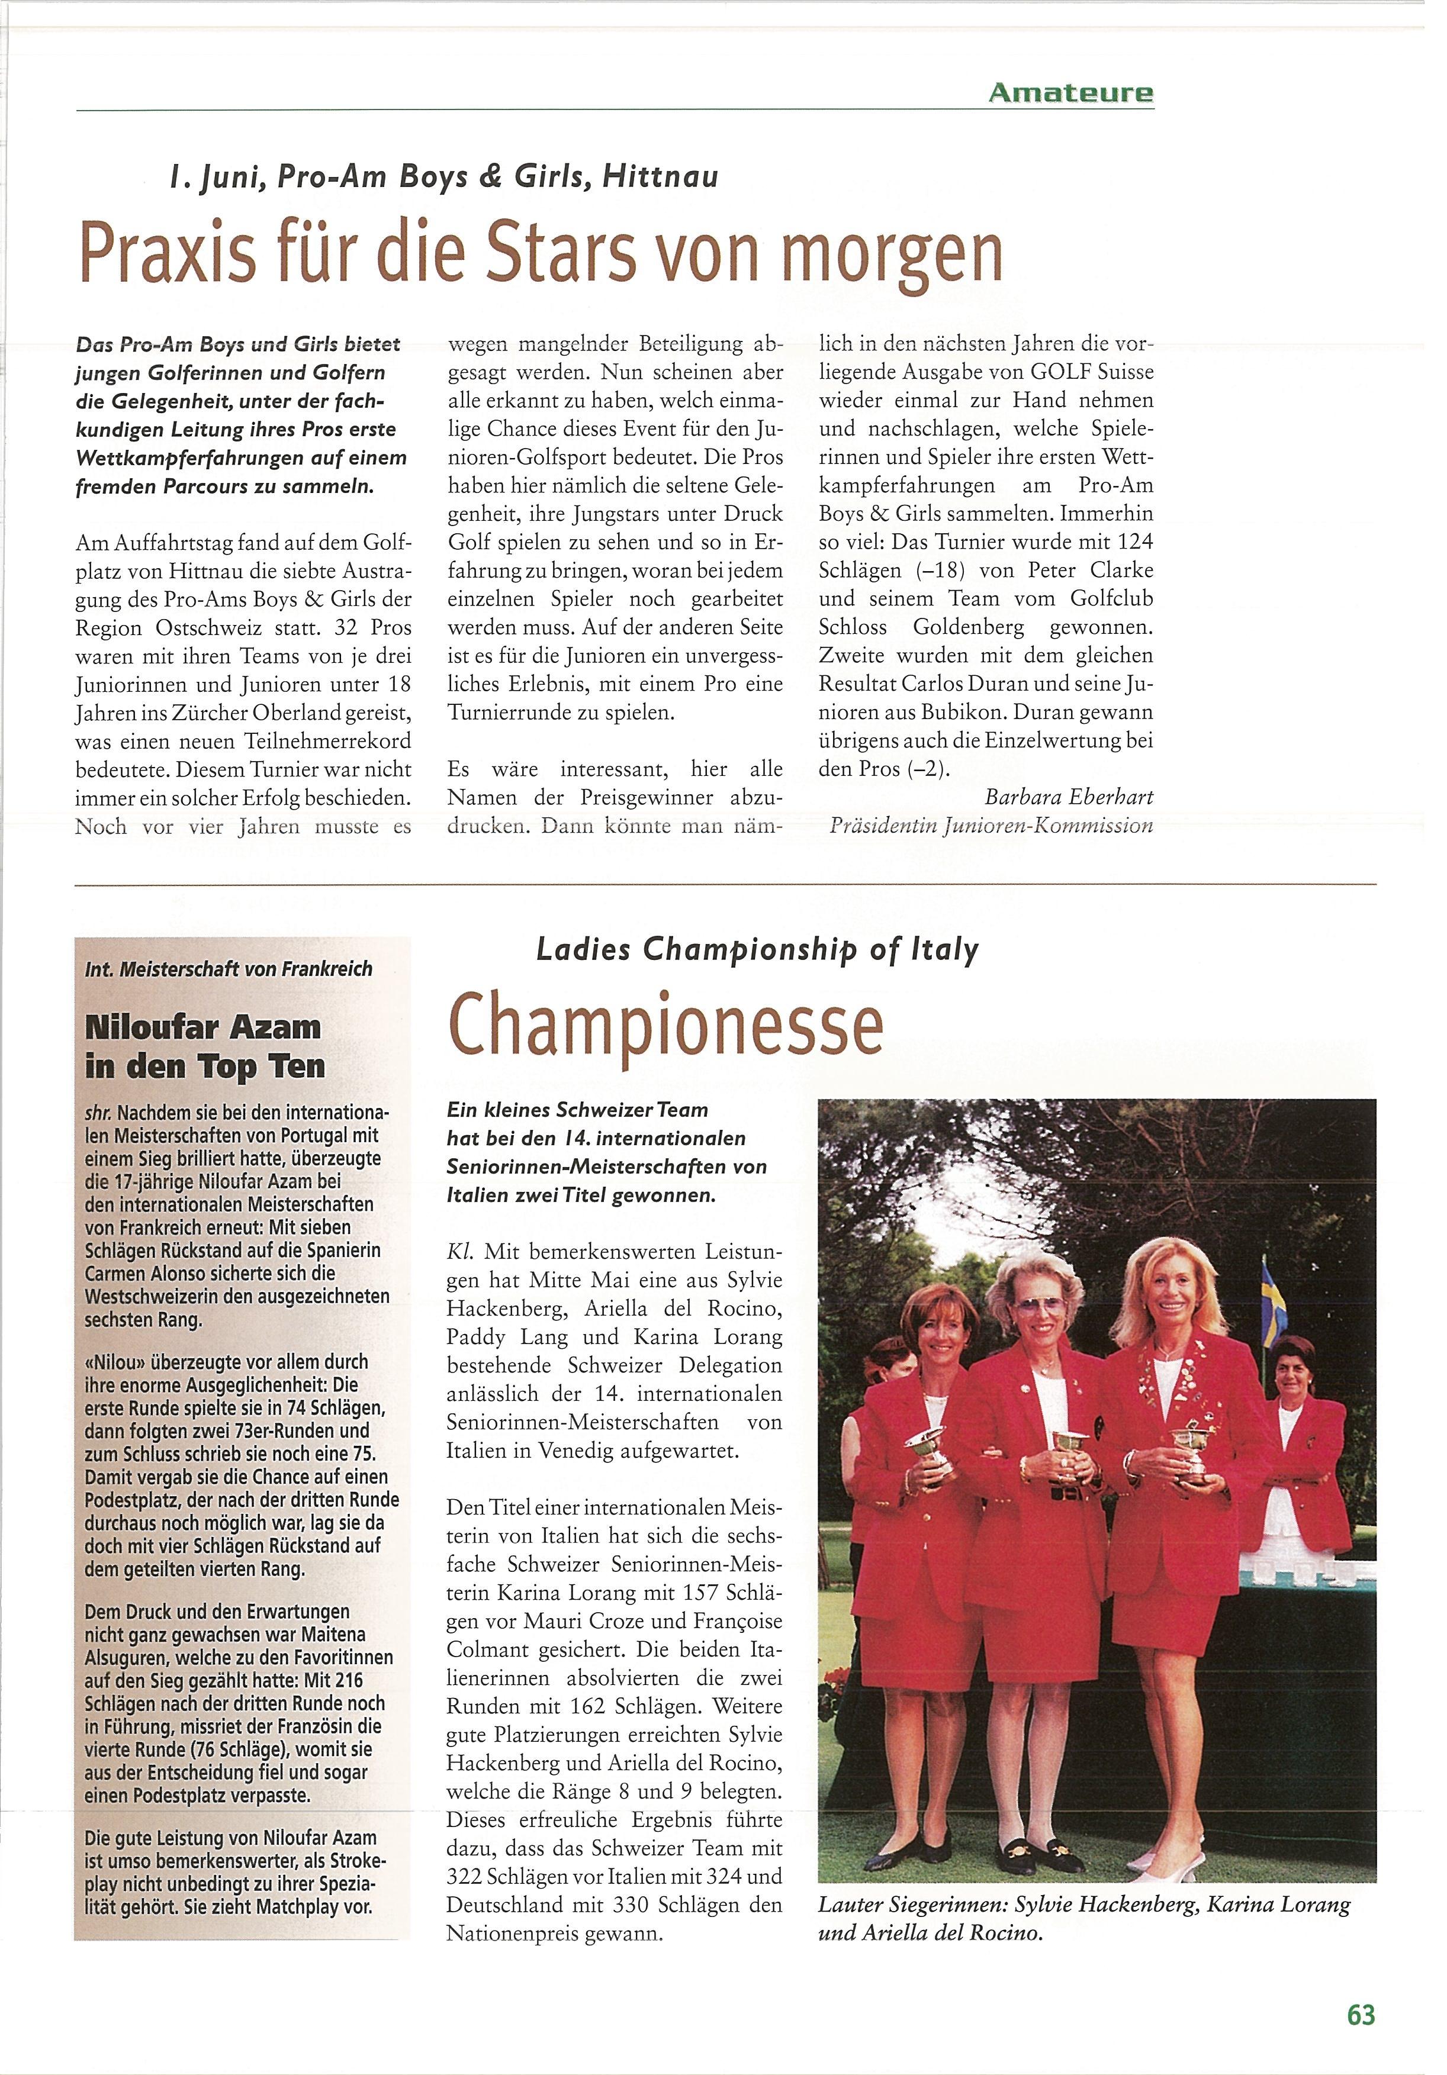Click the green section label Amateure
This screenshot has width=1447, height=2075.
point(1071,92)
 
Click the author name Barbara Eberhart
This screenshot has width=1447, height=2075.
point(1068,797)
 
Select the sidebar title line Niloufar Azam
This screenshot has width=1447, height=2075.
point(202,1027)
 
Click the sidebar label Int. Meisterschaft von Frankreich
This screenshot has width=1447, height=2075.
point(229,969)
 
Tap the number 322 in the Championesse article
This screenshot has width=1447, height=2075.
point(468,1876)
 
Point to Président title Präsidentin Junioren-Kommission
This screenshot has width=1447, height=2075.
point(992,825)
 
